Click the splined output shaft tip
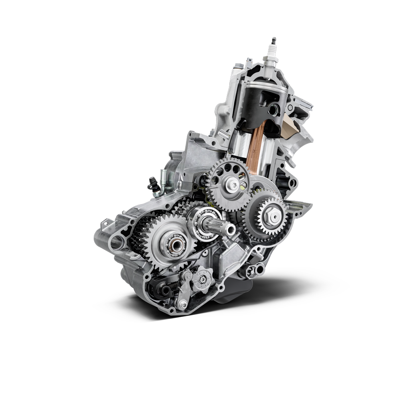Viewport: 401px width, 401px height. click(x=230, y=229)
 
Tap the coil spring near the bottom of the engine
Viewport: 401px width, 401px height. click(x=170, y=286)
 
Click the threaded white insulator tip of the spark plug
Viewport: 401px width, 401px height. click(x=273, y=41)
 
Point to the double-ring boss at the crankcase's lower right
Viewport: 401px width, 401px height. click(x=250, y=271)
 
